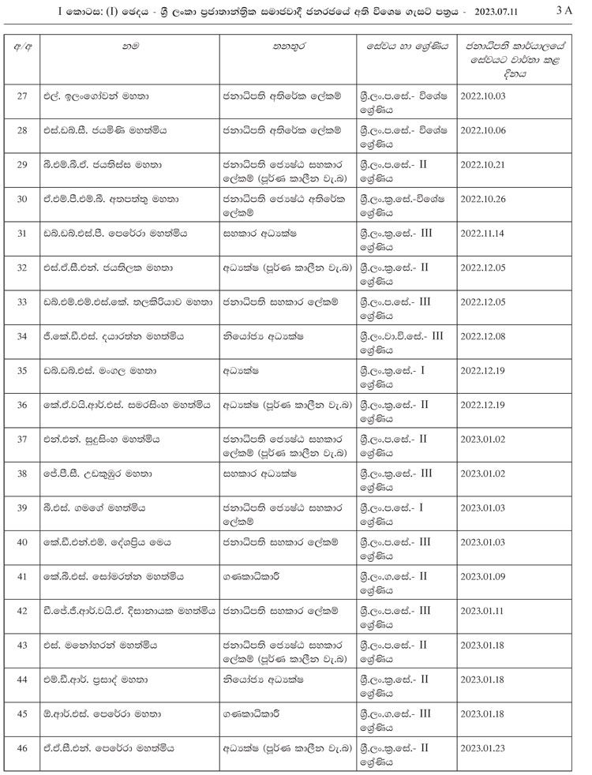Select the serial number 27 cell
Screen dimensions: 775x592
click(x=23, y=95)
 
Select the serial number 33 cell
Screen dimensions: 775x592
click(x=23, y=301)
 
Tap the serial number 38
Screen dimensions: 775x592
click(x=23, y=473)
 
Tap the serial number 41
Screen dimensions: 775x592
click(x=23, y=576)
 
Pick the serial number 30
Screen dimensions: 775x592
click(x=23, y=198)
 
